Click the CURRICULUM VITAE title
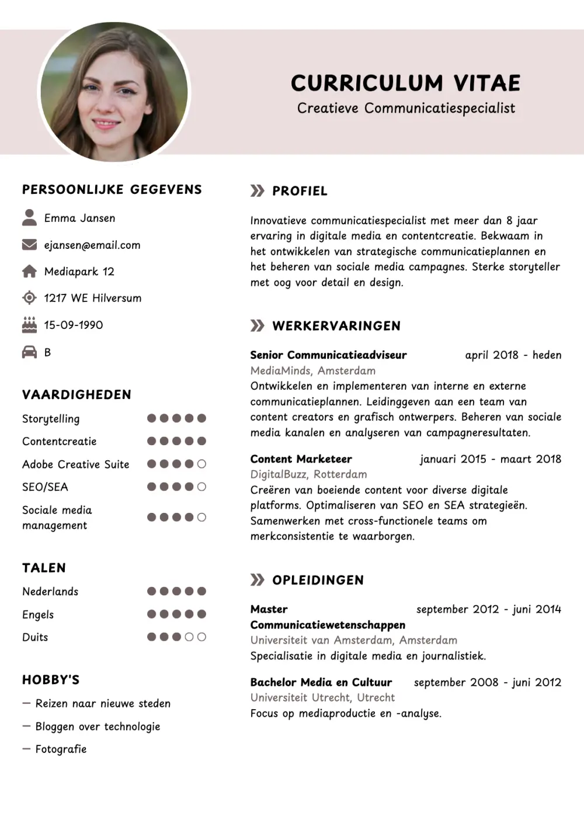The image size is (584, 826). pos(405,83)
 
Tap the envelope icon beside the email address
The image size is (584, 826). pos(29,245)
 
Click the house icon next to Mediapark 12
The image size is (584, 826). pos(29,271)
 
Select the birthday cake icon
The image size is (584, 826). pos(29,325)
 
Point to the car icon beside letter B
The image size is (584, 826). pos(29,352)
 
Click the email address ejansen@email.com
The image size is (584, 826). pos(92,245)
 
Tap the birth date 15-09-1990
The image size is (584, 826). pos(74,325)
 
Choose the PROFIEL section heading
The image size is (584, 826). pos(300,191)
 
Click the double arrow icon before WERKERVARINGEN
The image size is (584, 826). pos(257,325)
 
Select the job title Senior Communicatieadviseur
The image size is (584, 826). pos(328,355)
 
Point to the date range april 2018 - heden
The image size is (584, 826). pos(513,355)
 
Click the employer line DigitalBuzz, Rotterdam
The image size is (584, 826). pos(308,474)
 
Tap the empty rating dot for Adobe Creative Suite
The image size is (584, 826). pos(201,464)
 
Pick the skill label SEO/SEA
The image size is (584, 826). pos(45,487)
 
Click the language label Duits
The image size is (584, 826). pos(35,637)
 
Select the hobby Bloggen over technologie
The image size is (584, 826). pos(98,727)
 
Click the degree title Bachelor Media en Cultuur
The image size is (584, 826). pos(321,682)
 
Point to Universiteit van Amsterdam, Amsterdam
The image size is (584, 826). pos(353,640)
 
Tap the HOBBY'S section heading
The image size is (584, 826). pos(51,680)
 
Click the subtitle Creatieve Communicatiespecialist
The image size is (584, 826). pos(406,109)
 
